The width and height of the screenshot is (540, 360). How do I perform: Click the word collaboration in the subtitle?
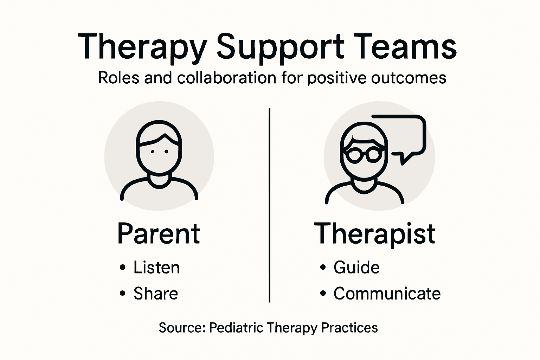227,78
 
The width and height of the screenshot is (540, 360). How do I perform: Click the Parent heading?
159,234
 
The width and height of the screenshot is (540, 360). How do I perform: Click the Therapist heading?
374,234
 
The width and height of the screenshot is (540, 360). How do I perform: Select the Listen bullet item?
156,268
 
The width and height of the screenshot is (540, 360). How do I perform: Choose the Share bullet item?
155,294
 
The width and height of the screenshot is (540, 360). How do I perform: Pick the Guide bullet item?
356,268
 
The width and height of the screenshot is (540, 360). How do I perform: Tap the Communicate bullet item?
387,294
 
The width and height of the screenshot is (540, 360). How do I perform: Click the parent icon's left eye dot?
152,152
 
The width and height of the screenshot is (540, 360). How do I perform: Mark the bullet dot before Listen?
122,268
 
